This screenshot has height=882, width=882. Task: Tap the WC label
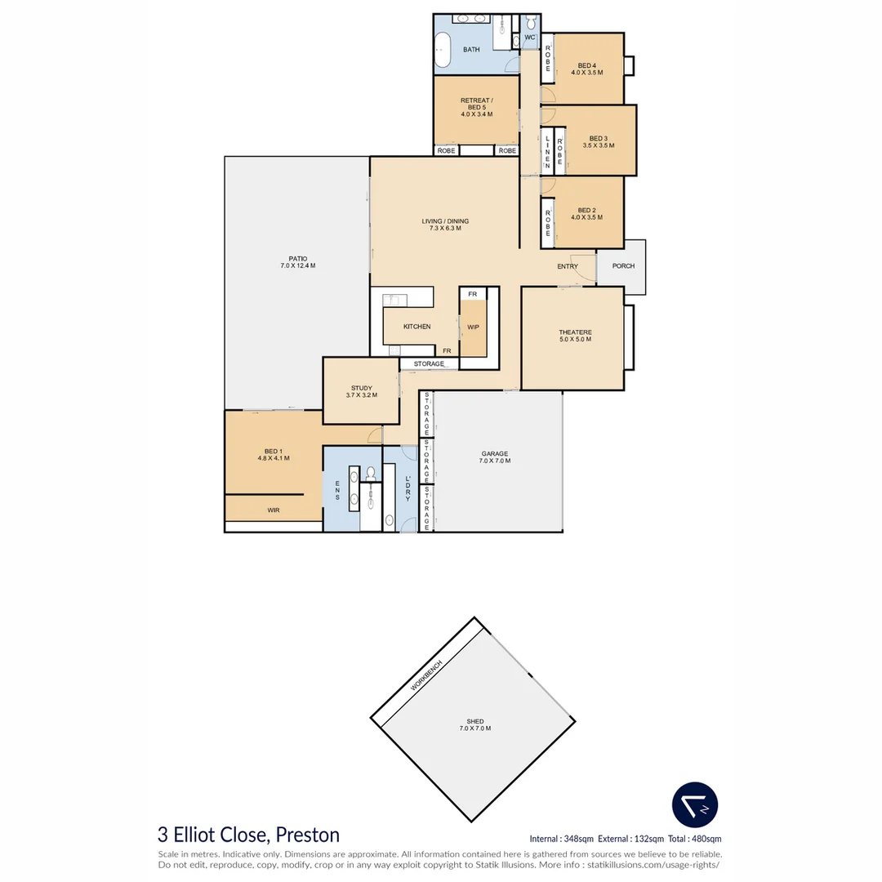click(530, 38)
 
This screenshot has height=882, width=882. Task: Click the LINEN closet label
click(548, 151)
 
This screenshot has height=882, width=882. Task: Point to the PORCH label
click(623, 266)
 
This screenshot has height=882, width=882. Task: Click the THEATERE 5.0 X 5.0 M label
click(575, 335)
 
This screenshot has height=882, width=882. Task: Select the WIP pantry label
click(473, 327)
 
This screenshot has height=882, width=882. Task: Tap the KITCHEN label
click(416, 327)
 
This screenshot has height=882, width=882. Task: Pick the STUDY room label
click(362, 391)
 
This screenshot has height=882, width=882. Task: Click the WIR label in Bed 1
click(274, 510)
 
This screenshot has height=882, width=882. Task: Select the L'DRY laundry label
click(408, 488)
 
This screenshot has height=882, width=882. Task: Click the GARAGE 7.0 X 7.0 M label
click(495, 457)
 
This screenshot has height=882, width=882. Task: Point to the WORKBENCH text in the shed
click(426, 675)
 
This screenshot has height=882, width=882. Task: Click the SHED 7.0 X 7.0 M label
click(475, 724)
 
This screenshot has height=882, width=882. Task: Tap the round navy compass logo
click(695, 805)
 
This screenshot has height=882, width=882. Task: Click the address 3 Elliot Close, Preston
click(248, 835)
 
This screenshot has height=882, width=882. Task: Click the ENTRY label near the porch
click(568, 266)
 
